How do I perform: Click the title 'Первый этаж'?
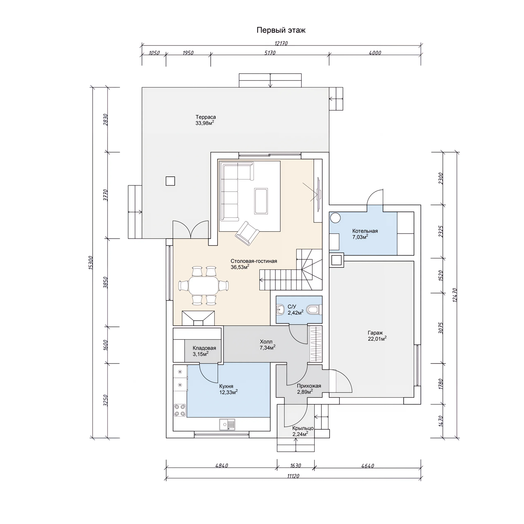click(x=281, y=30)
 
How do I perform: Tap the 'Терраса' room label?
click(x=206, y=117)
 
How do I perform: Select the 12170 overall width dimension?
click(x=281, y=43)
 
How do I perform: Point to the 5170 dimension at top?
click(x=270, y=53)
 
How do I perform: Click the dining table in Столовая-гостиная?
click(x=204, y=285)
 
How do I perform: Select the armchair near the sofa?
click(x=247, y=233)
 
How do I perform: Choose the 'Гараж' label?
click(x=375, y=333)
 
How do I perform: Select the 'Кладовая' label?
click(x=204, y=348)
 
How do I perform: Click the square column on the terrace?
click(x=170, y=181)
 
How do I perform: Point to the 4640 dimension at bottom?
click(x=368, y=466)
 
